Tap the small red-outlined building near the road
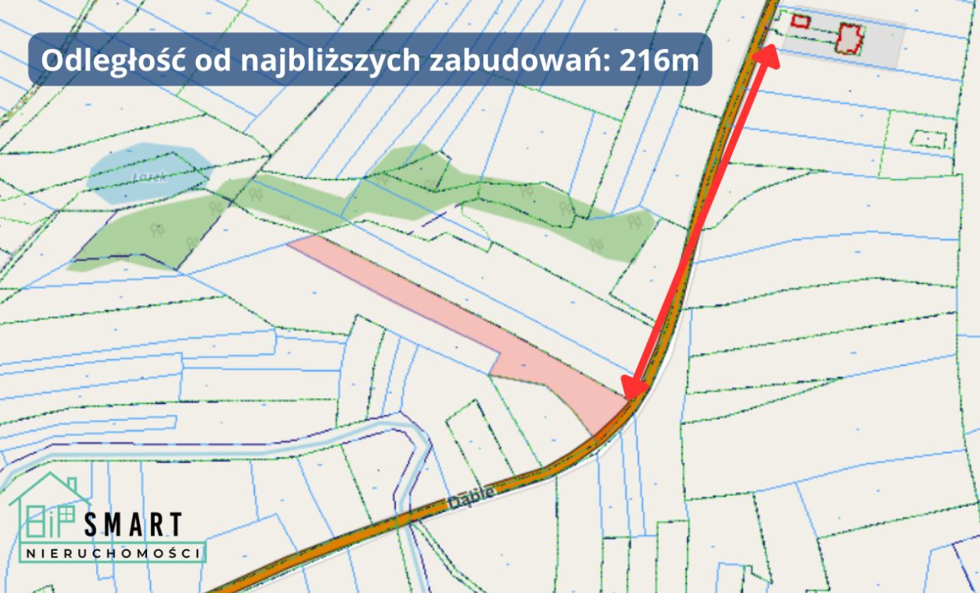[800, 21]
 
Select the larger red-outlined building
[849, 38]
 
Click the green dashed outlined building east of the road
[929, 138]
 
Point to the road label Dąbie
[469, 498]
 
